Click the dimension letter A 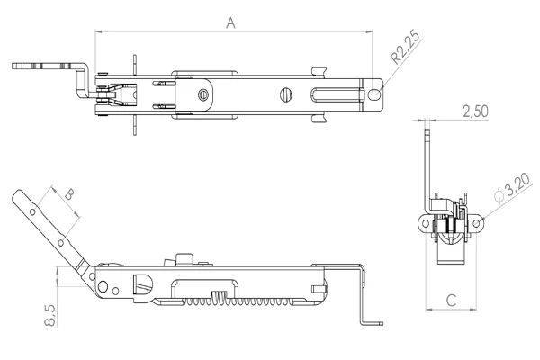click(x=231, y=23)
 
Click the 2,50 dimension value click(x=474, y=112)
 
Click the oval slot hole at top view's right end click(x=374, y=92)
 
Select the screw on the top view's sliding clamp click(x=206, y=93)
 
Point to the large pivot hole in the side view click(x=105, y=288)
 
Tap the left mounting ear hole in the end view click(x=422, y=221)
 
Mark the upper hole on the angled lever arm click(x=32, y=212)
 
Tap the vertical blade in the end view click(x=428, y=171)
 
